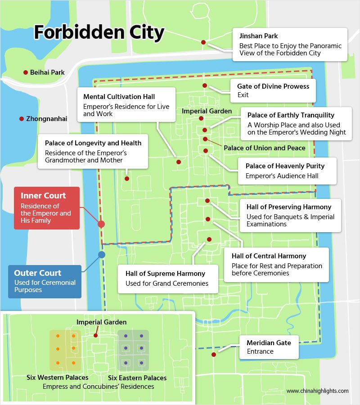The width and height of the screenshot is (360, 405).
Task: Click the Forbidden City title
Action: point(99,33)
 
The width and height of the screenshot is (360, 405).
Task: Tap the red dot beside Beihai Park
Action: point(26,72)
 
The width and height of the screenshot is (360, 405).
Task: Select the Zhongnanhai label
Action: point(47,119)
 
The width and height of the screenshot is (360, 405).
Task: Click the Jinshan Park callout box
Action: point(290,44)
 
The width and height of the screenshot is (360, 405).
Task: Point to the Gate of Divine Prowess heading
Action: point(274,86)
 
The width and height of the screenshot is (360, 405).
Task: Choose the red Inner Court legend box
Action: point(46,208)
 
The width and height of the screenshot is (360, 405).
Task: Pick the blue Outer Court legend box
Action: point(45,281)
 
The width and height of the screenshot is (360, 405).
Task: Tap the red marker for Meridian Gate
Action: point(213,355)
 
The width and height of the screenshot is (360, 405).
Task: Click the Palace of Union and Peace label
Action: point(265,148)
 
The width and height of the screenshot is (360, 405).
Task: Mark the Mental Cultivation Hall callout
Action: point(126,105)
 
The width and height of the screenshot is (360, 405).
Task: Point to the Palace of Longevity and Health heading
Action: point(93,143)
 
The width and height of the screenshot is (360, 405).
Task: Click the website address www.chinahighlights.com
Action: point(317,391)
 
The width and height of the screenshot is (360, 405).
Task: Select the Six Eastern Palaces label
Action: point(137,378)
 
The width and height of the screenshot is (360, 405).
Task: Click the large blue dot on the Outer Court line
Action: point(102,255)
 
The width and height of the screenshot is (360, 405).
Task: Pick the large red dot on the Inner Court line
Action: point(101,224)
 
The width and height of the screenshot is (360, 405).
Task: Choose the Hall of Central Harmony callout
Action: point(275,264)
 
